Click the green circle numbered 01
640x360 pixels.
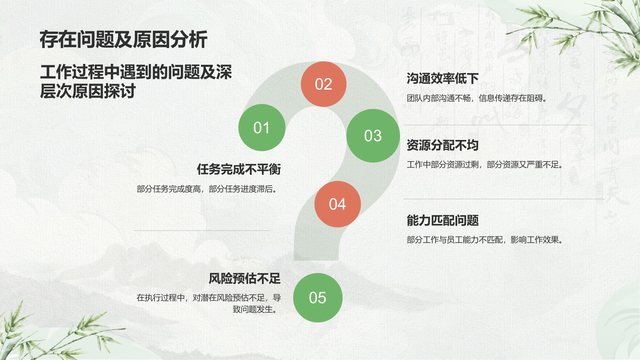click(x=262, y=128)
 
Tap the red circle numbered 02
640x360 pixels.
click(x=324, y=84)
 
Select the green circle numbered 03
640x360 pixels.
click(x=373, y=136)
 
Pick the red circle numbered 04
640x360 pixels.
click(x=338, y=204)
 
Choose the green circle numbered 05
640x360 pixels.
click(x=318, y=298)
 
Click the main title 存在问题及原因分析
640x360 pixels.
click(x=124, y=40)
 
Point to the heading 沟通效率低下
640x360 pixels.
click(x=442, y=78)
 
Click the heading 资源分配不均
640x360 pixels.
click(x=442, y=145)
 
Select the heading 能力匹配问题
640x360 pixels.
click(x=442, y=220)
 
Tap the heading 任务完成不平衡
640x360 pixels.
click(x=239, y=169)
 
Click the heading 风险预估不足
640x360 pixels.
click(x=244, y=278)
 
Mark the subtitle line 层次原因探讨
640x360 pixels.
click(x=88, y=91)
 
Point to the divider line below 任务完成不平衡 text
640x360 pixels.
click(x=202, y=230)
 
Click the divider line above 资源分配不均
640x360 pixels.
click(x=496, y=125)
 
